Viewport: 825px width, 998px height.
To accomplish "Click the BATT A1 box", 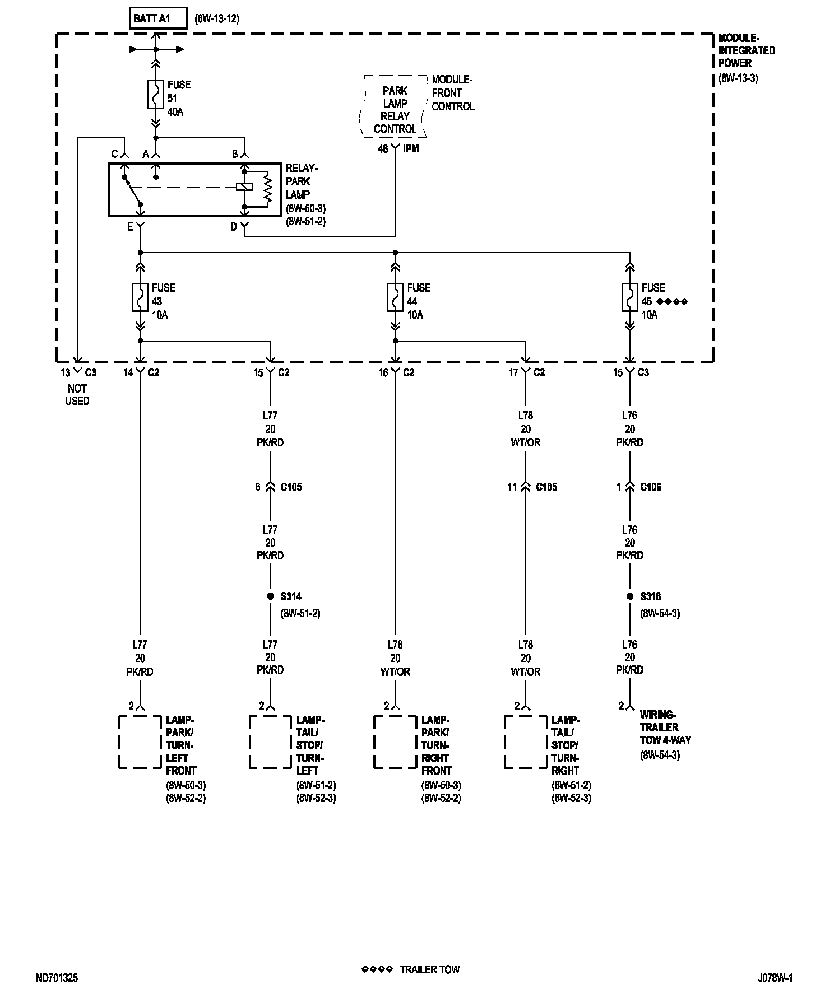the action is [x=157, y=18].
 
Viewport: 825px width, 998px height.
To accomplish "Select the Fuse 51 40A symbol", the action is [x=156, y=94].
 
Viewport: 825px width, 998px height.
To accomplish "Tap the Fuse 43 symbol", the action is [x=140, y=297].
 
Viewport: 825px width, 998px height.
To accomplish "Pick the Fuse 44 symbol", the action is [x=395, y=297].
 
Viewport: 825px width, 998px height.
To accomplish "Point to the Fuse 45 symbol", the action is [x=630, y=297].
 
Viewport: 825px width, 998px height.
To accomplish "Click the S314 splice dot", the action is [x=270, y=596].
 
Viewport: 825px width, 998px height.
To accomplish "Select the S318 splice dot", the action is [x=630, y=596].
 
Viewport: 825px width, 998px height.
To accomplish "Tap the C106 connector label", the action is [x=651, y=487].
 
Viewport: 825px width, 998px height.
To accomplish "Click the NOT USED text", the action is [x=77, y=395].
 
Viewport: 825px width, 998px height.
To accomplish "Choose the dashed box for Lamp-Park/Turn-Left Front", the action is [x=140, y=741].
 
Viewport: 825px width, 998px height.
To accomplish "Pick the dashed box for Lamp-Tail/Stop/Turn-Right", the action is [x=525, y=741].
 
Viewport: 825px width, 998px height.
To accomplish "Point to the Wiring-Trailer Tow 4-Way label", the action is [x=666, y=727].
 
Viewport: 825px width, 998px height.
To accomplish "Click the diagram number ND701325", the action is [x=57, y=978].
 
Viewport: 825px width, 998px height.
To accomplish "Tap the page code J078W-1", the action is [x=775, y=978].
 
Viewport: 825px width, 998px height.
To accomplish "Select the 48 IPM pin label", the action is [x=398, y=149].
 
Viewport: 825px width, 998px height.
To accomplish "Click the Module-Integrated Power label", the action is [x=747, y=50].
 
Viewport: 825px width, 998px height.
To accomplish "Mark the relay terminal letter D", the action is [x=234, y=227].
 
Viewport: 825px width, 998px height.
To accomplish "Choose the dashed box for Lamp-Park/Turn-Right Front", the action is [x=395, y=741].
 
